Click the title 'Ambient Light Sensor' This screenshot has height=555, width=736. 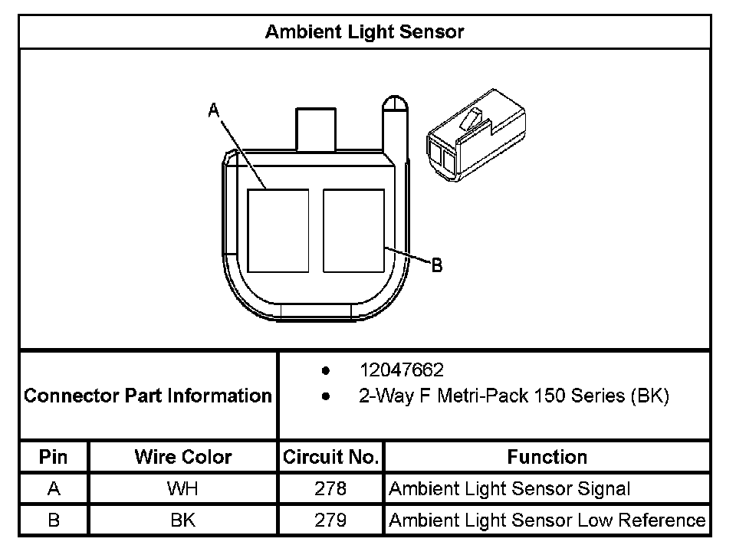pos(364,32)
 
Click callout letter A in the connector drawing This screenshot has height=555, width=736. pos(214,112)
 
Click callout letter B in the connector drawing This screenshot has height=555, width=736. pos(436,265)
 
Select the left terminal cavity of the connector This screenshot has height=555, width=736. pos(278,231)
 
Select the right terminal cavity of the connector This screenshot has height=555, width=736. pos(353,231)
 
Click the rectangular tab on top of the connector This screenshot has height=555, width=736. pos(316,128)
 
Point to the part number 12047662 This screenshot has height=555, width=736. pos(401,371)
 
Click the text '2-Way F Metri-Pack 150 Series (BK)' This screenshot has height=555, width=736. pos(514,396)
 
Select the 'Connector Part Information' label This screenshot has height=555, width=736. pos(148,396)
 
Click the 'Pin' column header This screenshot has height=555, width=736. pos(54,458)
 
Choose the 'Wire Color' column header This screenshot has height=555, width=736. pos(182,458)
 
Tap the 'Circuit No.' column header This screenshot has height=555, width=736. pos(330,458)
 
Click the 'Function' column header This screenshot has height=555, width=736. pos(547,458)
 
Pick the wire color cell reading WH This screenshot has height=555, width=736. pos(182,489)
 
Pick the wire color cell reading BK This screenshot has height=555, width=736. pos(182,521)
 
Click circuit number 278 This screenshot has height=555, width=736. pos(330,489)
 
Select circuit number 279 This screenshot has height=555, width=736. pos(330,521)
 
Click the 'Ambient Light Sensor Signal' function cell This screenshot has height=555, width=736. pos(510,489)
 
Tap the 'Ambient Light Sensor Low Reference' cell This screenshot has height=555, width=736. pos(547,521)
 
